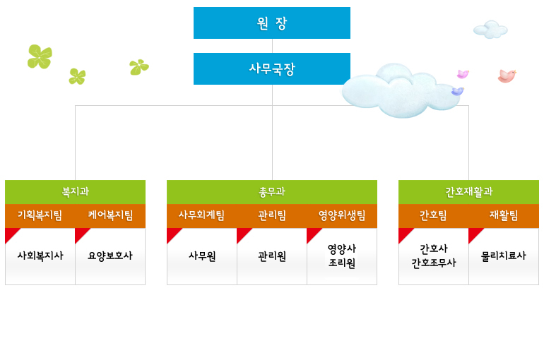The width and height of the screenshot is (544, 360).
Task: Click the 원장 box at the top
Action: [272, 23]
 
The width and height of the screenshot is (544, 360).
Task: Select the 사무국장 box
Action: [272, 68]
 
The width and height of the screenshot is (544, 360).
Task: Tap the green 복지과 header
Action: [76, 192]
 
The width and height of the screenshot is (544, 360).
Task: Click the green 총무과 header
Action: [272, 192]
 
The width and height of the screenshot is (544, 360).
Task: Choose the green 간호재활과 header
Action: [468, 192]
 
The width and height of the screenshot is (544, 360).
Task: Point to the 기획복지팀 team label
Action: [40, 215]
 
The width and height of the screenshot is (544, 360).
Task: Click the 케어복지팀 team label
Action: [110, 215]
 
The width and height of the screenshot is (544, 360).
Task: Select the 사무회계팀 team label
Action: [201, 215]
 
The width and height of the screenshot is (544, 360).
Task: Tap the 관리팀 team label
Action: [272, 215]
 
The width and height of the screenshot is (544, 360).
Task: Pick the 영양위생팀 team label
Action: [342, 215]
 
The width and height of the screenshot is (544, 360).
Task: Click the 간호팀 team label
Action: [433, 215]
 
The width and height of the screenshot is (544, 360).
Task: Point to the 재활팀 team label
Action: [504, 215]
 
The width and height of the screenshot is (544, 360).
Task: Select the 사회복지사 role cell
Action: [40, 256]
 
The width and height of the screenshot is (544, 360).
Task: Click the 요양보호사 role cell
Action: [110, 256]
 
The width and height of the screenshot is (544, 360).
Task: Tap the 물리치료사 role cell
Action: [504, 256]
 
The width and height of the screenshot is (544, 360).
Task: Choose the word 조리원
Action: [342, 263]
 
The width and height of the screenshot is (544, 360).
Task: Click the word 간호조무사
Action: [434, 263]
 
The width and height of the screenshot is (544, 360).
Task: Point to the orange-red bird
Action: [507, 76]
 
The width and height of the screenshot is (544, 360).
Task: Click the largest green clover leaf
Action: [40, 56]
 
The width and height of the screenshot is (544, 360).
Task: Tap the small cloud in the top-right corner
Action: [490, 30]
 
